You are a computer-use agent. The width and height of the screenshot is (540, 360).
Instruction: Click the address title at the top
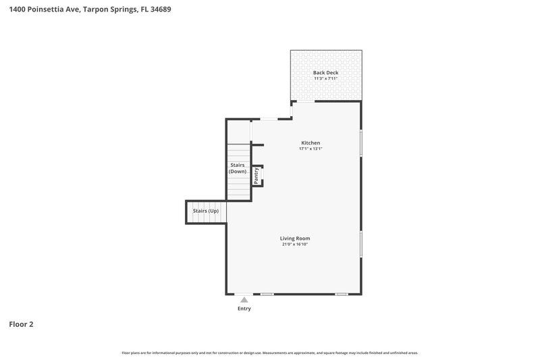(x=85, y=10)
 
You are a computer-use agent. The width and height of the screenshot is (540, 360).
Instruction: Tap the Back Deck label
(x=325, y=72)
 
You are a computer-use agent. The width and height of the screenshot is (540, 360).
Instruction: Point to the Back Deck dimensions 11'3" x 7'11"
(x=325, y=78)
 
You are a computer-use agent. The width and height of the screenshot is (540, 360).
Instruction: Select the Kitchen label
(x=310, y=143)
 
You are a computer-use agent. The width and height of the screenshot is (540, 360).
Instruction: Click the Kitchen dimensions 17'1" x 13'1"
(x=310, y=149)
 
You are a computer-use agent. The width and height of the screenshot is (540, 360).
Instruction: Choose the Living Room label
(x=295, y=238)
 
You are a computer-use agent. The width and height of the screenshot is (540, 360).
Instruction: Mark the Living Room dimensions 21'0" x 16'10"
(x=295, y=245)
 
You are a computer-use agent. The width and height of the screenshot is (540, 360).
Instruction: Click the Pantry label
(x=256, y=176)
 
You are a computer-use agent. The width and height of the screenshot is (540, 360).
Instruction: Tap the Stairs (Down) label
(x=238, y=168)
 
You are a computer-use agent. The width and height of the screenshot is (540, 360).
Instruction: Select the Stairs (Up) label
(x=206, y=211)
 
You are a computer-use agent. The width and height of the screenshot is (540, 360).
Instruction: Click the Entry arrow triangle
(x=244, y=299)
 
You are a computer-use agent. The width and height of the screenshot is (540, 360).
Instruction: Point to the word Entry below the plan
(x=244, y=309)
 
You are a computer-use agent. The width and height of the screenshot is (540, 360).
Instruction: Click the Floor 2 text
(x=21, y=324)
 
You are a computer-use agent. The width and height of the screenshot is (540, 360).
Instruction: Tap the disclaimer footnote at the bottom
(x=270, y=353)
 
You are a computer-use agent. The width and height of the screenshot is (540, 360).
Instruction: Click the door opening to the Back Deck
(x=306, y=101)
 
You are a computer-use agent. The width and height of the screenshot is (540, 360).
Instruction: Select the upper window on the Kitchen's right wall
(x=361, y=143)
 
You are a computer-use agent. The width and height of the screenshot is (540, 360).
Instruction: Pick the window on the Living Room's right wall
(x=361, y=243)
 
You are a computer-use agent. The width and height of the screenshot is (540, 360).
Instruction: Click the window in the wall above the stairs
(x=269, y=120)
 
